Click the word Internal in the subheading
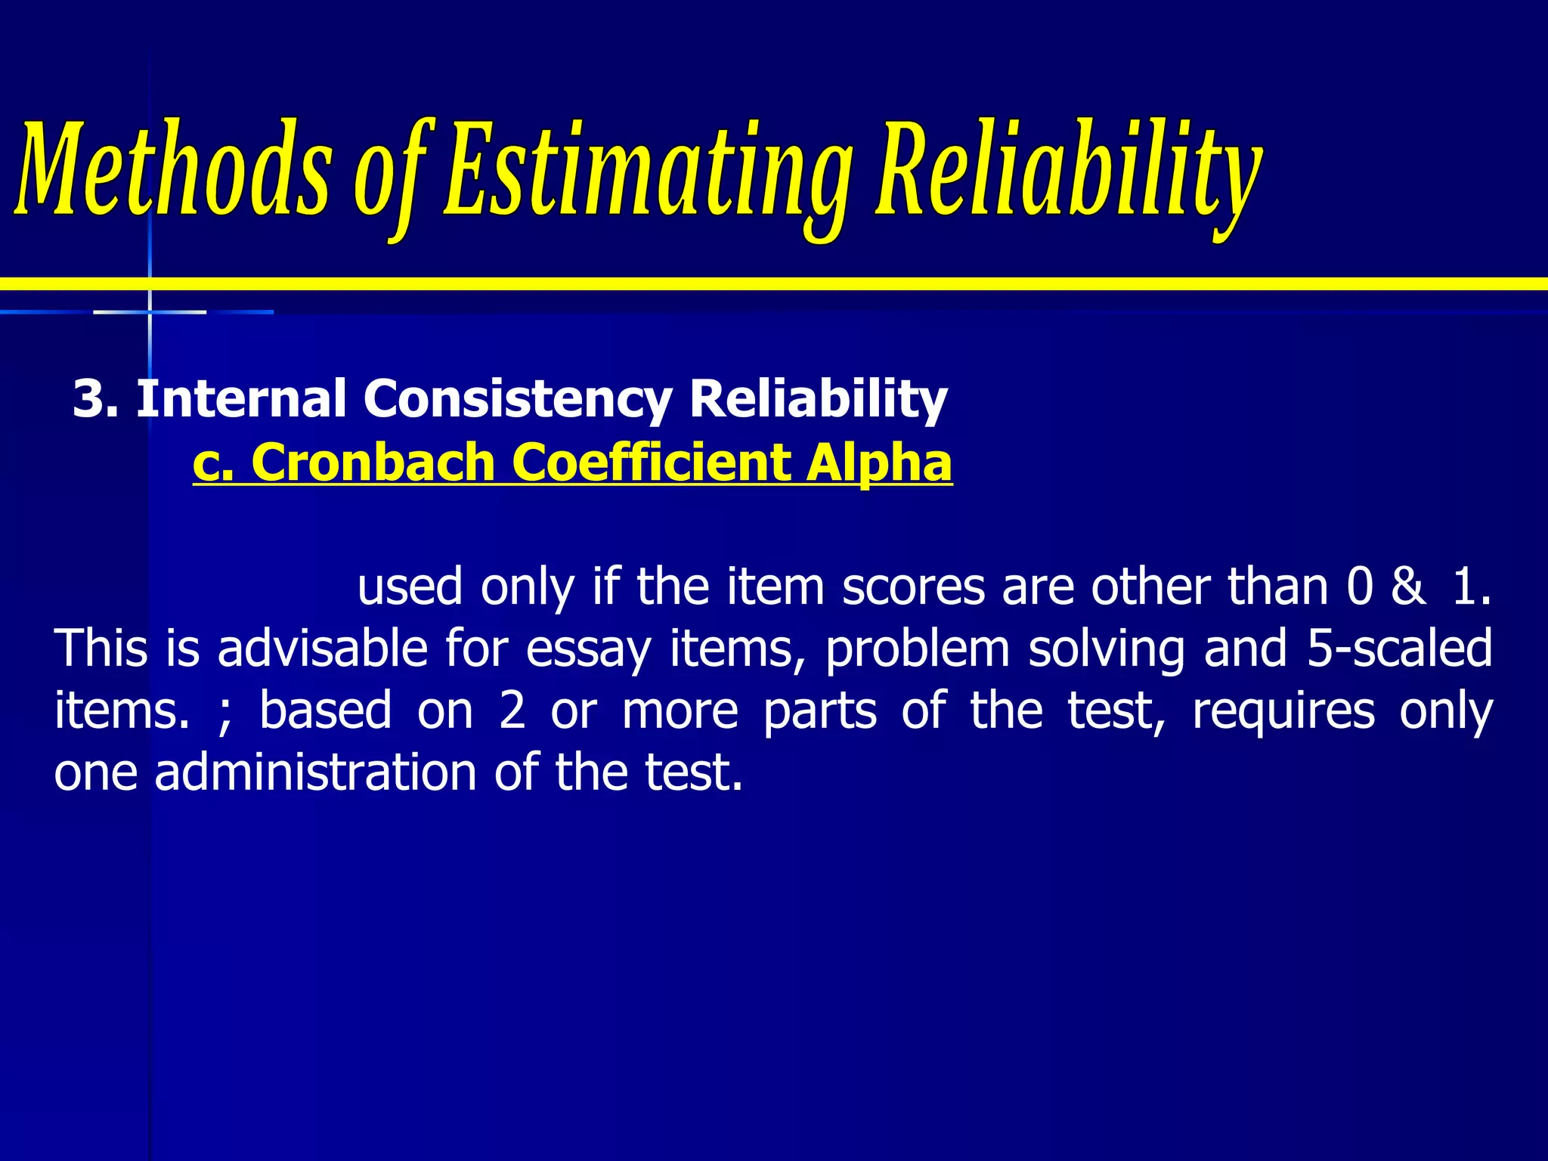(x=241, y=398)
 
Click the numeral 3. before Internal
(x=95, y=398)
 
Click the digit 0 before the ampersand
(x=1360, y=587)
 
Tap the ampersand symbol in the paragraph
(x=1408, y=587)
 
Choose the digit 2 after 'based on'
(x=512, y=711)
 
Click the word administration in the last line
(x=315, y=773)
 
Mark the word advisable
(x=323, y=649)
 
